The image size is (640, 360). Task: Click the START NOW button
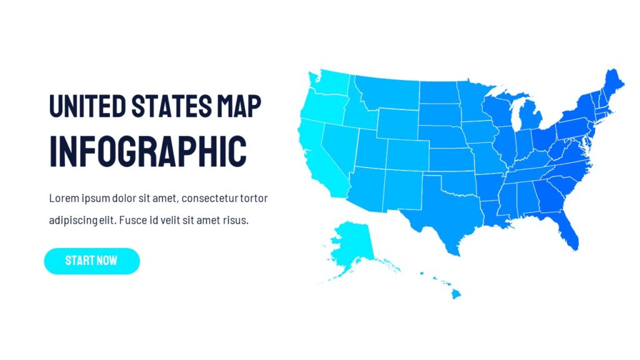pyautogui.click(x=91, y=261)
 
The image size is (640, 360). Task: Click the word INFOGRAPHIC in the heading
pyautogui.click(x=147, y=151)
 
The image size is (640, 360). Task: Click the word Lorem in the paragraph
pyautogui.click(x=63, y=199)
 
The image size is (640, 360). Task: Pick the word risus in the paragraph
pyautogui.click(x=236, y=221)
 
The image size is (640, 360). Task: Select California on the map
pyautogui.click(x=316, y=156)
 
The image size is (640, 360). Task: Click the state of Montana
pyautogui.click(x=387, y=94)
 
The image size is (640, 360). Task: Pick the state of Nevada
pyautogui.click(x=341, y=144)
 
